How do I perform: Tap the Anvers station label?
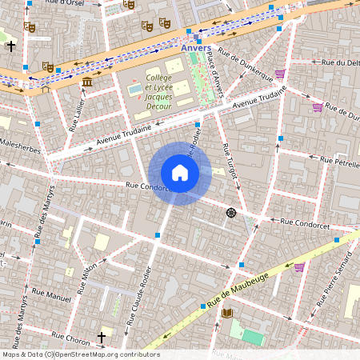click(196, 47)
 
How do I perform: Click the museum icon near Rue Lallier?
click(86, 82)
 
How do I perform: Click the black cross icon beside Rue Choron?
click(102, 338)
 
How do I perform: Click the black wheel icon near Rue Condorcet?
click(231, 212)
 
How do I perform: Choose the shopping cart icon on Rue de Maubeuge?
click(299, 267)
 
